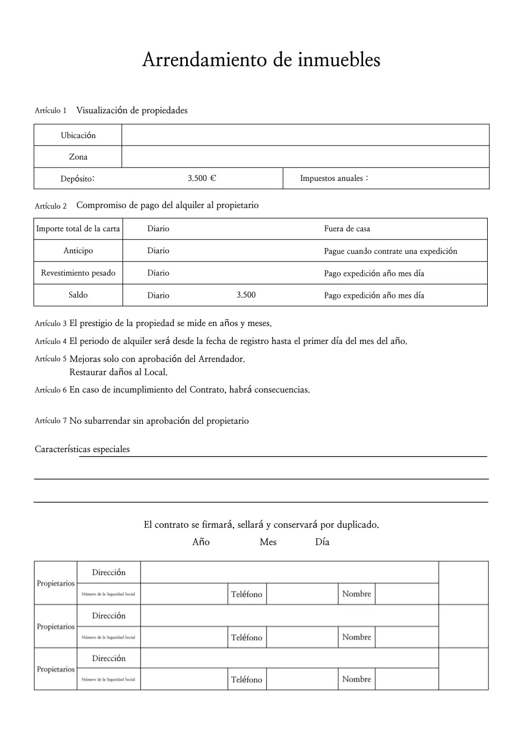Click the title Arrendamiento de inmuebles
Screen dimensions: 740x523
coord(261,60)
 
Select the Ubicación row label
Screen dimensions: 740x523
coord(78,135)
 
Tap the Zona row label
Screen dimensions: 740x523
coord(78,157)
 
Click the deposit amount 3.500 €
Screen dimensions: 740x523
coord(202,178)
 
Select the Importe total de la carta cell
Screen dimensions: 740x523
coord(78,229)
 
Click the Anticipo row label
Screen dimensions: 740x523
coord(78,251)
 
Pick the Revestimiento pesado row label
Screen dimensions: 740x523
coord(78,273)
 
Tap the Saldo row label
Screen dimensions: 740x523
coord(78,295)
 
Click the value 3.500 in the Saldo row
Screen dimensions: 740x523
coord(246,295)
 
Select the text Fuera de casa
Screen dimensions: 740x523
coord(347,229)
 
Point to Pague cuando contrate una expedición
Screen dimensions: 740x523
coord(390,251)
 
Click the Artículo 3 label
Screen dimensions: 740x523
coord(50,324)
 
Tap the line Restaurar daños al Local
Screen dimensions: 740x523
coord(118,372)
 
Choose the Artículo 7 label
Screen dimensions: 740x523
coord(50,421)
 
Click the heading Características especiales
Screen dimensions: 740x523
coord(82,449)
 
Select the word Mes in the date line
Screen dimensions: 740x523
coord(268,542)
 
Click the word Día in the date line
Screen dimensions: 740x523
coord(322,542)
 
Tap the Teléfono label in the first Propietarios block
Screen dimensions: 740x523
coord(247,594)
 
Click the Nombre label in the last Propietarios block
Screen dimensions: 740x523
coord(356,679)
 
